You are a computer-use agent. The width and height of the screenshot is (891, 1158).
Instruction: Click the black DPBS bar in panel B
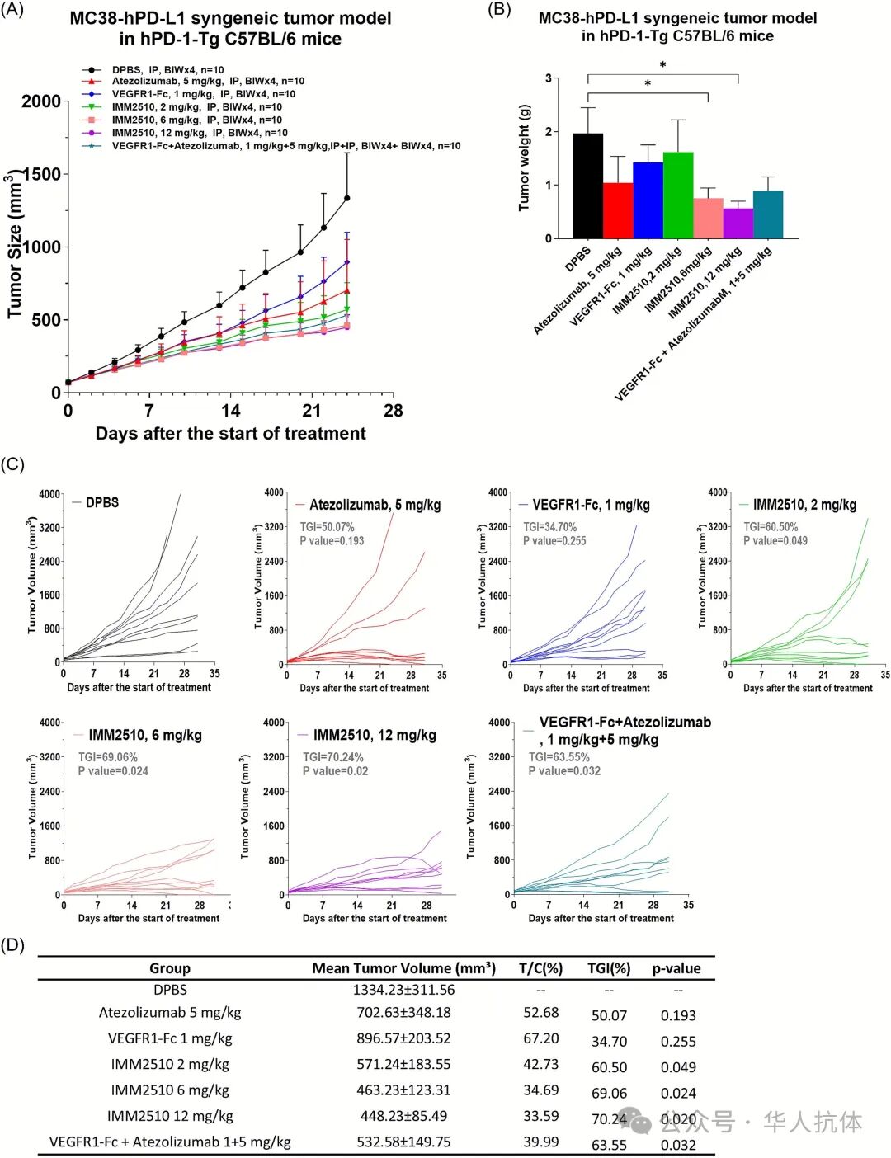[x=587, y=186]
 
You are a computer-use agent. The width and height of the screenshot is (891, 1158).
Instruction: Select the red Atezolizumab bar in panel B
[x=618, y=211]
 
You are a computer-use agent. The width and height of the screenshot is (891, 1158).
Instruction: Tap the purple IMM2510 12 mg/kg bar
[x=738, y=224]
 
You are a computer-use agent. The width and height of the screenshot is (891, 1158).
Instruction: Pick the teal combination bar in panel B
[x=768, y=215]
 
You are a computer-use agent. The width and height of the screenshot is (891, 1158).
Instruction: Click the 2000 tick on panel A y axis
[x=41, y=101]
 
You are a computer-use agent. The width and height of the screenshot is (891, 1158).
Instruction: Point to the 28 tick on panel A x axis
[x=393, y=411]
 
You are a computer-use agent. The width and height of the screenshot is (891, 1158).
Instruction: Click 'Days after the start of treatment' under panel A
[x=230, y=434]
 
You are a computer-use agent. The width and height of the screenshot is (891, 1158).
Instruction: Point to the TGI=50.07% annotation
[x=327, y=527]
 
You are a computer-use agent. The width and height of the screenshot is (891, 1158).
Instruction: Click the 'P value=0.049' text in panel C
[x=775, y=541]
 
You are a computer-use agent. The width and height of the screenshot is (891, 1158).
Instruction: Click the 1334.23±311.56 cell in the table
[x=403, y=990]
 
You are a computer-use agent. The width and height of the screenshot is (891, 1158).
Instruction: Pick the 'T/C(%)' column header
[x=540, y=968]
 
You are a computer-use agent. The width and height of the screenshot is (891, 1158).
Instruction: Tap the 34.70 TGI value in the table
[x=609, y=1042]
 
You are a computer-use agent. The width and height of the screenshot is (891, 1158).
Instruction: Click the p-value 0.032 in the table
[x=678, y=1145]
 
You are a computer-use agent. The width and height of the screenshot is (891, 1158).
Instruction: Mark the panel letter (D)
[x=13, y=945]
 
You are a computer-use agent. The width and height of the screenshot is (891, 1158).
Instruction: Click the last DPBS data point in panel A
[x=347, y=198]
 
